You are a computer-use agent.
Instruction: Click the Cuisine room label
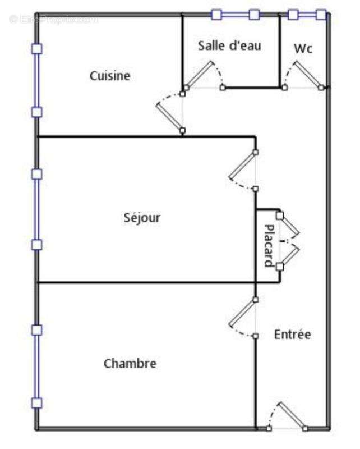coord(110,76)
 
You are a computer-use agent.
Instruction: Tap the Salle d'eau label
coord(229,46)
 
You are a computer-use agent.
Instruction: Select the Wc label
coord(303,49)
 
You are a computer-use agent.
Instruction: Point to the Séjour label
coord(142,217)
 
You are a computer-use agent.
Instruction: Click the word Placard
coord(269,245)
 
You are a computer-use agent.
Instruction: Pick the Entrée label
coord(292,335)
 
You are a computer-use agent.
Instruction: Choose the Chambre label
coord(130,364)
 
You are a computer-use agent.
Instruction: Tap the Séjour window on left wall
coord(37,209)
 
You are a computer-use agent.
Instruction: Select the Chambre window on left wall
coord(37,366)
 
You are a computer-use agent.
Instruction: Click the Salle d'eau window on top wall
coord(235,15)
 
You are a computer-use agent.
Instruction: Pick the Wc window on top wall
coord(307,15)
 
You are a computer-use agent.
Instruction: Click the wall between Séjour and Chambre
coord(146,283)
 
